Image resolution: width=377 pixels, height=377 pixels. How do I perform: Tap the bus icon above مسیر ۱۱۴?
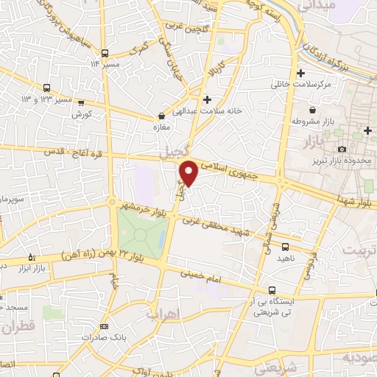pos(106,54)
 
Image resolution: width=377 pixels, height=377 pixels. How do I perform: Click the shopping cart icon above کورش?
pos(81,103)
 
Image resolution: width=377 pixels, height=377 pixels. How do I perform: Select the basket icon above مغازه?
pos(161,116)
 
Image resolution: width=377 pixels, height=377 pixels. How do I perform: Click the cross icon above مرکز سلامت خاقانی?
pos(300,73)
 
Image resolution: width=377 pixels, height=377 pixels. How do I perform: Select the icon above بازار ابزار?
pos(30,257)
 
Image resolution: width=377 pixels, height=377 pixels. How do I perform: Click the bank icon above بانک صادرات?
pos(104,326)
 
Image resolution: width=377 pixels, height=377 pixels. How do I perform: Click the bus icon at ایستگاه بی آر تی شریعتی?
pos(273,290)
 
